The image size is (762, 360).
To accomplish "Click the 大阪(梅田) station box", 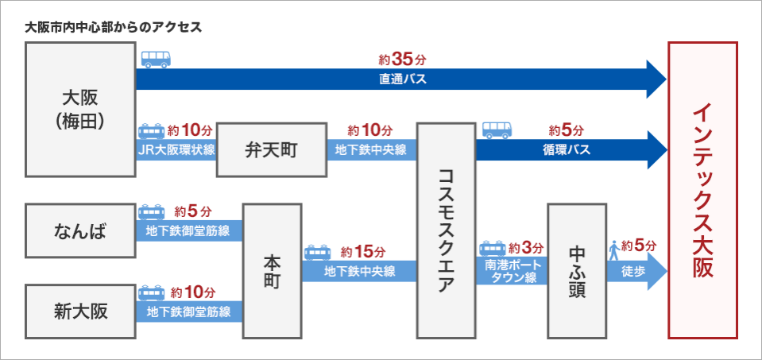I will (79, 109).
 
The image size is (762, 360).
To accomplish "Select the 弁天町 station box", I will (272, 149).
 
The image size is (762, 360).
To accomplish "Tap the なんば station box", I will (79, 231).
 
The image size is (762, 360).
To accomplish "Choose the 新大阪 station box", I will (79, 310).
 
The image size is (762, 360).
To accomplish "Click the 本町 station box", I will (272, 270).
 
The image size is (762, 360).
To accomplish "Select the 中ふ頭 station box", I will (577, 270).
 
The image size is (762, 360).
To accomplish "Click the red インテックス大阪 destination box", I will (702, 191).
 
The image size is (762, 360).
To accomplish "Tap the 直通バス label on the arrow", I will (402, 79).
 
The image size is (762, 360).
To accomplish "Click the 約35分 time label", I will (402, 60).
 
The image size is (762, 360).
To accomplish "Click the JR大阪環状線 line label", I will (176, 149).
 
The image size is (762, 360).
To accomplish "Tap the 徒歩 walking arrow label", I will (633, 271).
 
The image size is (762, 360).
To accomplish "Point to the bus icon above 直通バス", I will (157, 60).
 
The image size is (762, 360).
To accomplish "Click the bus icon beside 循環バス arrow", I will (497, 129).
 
